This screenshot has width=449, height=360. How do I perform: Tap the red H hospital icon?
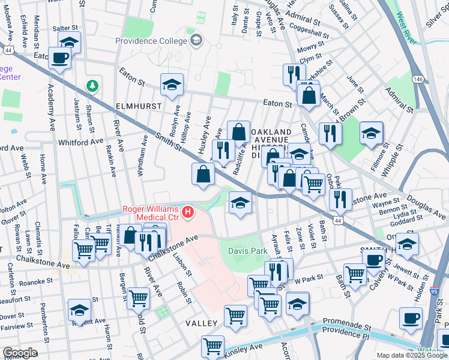(x=188, y=212)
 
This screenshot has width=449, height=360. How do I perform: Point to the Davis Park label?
(x=247, y=251)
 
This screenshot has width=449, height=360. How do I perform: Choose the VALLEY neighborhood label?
(x=200, y=323)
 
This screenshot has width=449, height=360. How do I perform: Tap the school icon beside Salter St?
(x=70, y=42)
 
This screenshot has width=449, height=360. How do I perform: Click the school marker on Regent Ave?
(x=79, y=310)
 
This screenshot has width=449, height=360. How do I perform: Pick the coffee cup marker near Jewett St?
(x=373, y=260)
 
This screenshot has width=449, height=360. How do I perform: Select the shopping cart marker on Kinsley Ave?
(x=212, y=346)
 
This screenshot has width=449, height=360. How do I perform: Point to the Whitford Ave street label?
(x=81, y=142)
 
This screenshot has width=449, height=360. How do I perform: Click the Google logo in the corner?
(x=19, y=353)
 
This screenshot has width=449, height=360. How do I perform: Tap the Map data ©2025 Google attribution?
(x=412, y=355)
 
